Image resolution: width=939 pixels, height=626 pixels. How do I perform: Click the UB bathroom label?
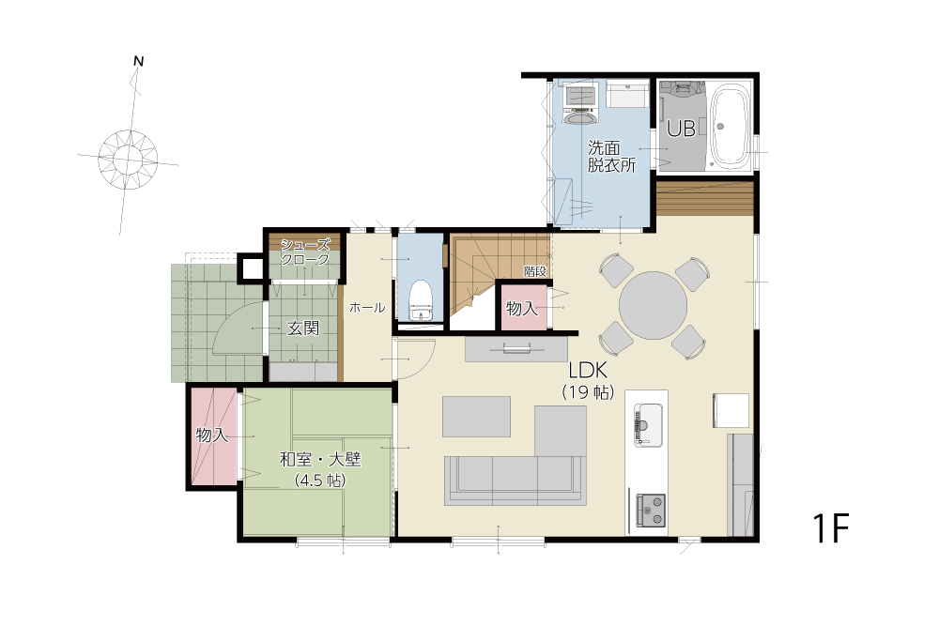[x=681, y=128]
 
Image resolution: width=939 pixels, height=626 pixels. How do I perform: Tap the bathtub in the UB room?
[x=730, y=127]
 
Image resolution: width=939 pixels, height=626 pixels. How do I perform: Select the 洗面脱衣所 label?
[x=611, y=156]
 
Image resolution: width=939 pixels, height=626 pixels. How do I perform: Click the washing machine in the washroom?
[x=581, y=105]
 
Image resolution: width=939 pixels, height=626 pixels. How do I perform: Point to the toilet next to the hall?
[x=421, y=300]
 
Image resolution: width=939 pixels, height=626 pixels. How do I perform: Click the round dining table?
[x=653, y=306]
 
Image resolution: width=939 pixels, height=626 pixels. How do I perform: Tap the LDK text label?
[x=588, y=371]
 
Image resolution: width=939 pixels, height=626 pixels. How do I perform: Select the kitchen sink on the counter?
[x=648, y=424]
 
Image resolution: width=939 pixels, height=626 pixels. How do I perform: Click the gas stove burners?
[x=651, y=510]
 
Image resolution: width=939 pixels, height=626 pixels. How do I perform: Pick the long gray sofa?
[x=515, y=481]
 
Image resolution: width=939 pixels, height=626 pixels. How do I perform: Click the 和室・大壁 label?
[x=320, y=460]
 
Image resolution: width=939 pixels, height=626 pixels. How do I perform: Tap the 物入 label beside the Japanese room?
[x=212, y=435]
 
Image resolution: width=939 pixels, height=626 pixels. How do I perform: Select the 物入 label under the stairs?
[x=522, y=308]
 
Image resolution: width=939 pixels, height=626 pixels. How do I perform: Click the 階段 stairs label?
[x=535, y=271]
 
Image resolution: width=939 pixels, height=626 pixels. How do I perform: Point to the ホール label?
[x=367, y=308]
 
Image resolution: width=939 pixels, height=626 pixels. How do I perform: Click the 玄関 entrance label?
[x=303, y=328]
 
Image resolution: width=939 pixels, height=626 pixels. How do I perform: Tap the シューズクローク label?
[x=305, y=252]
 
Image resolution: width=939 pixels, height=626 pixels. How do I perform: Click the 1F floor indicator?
[x=831, y=527]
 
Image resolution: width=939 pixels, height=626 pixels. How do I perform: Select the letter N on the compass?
[x=138, y=61]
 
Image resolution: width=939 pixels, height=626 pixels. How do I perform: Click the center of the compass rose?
[x=128, y=160]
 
